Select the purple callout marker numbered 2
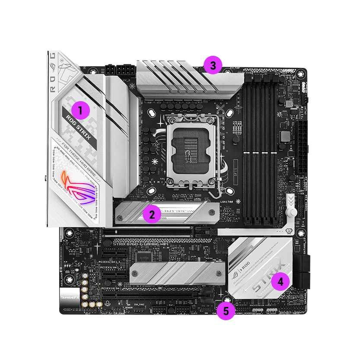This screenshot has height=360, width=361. (x=150, y=213)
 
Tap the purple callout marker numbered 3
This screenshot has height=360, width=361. (x=213, y=66)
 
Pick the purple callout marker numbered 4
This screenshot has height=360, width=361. (x=280, y=282)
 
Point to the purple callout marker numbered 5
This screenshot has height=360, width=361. (x=226, y=310)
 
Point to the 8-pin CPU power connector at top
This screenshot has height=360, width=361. (x=118, y=70)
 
